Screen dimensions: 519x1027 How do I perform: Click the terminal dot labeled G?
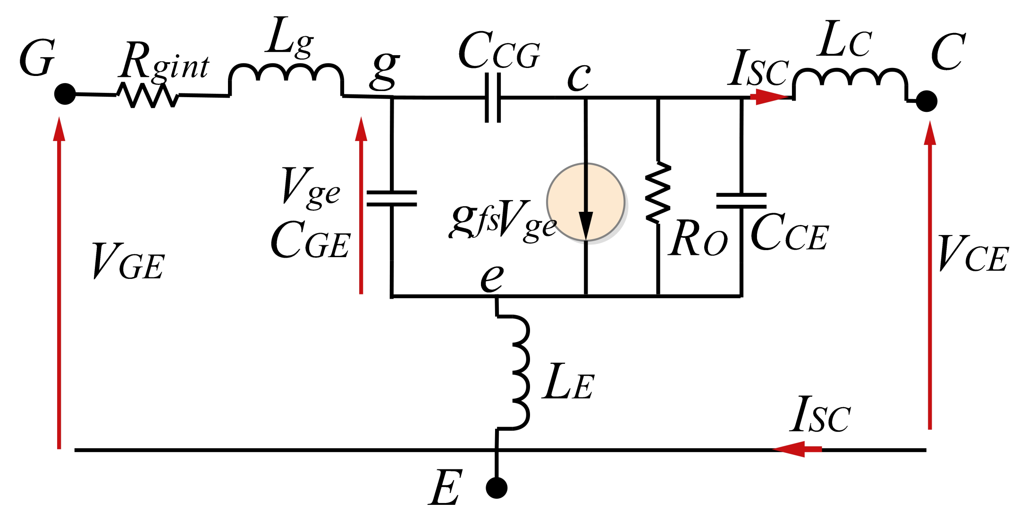click(x=65, y=94)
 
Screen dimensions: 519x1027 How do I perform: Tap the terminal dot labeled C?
click(x=926, y=101)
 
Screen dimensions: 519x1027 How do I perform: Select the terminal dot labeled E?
click(x=497, y=488)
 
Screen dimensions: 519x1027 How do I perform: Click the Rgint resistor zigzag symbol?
click(x=148, y=95)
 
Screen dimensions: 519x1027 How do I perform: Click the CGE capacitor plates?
click(x=392, y=199)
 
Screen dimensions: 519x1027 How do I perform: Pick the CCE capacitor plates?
click(x=741, y=201)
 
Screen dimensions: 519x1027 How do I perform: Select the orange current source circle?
click(x=586, y=202)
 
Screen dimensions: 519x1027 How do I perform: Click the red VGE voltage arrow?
click(x=59, y=283)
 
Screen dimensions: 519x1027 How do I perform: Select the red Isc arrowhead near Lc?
click(x=769, y=97)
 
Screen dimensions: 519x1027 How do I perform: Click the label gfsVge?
click(x=503, y=220)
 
